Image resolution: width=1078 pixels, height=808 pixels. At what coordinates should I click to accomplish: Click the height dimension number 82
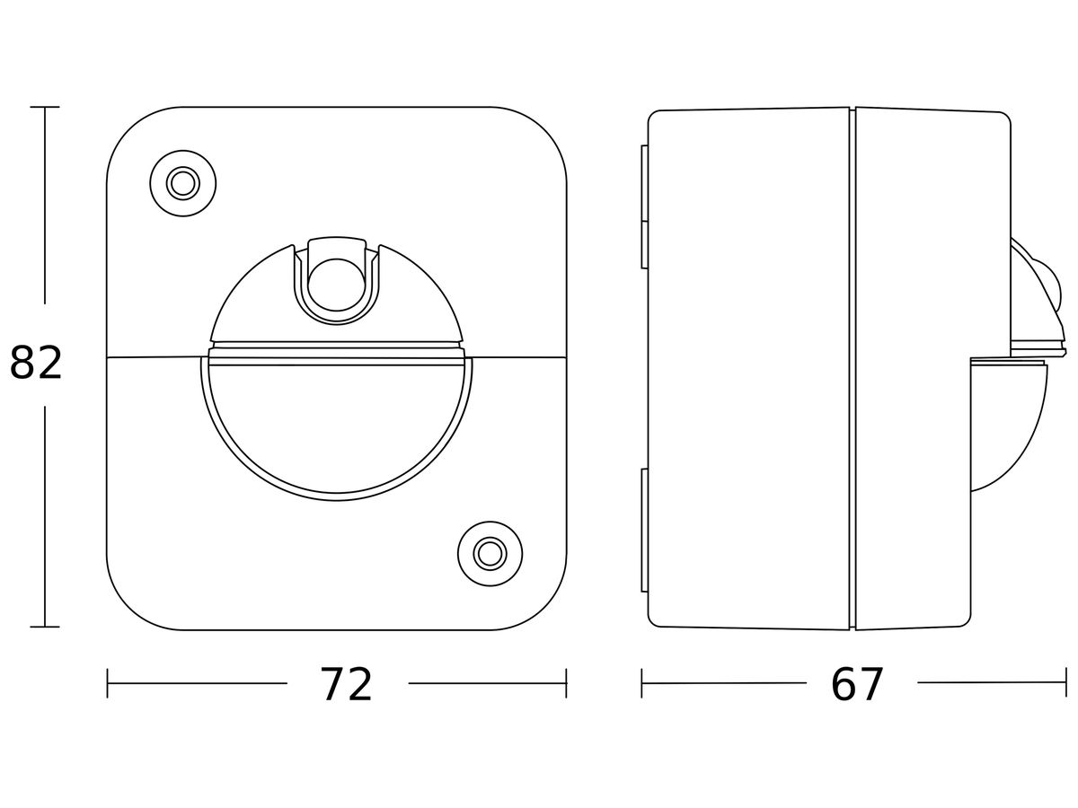(36, 363)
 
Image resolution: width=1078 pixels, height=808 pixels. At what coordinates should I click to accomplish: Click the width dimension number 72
(347, 685)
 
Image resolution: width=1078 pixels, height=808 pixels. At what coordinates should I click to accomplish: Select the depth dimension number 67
(857, 685)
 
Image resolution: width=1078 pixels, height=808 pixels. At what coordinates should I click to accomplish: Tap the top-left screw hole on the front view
(182, 183)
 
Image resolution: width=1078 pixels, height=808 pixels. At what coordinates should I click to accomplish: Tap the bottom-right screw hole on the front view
(490, 554)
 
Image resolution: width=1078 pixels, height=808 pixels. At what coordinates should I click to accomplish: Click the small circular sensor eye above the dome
(336, 285)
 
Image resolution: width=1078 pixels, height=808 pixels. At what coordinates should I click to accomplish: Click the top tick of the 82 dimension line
(45, 107)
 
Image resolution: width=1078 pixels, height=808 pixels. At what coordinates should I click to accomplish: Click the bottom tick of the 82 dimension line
(45, 627)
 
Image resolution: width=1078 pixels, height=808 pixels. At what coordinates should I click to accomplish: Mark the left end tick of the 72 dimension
(108, 683)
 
